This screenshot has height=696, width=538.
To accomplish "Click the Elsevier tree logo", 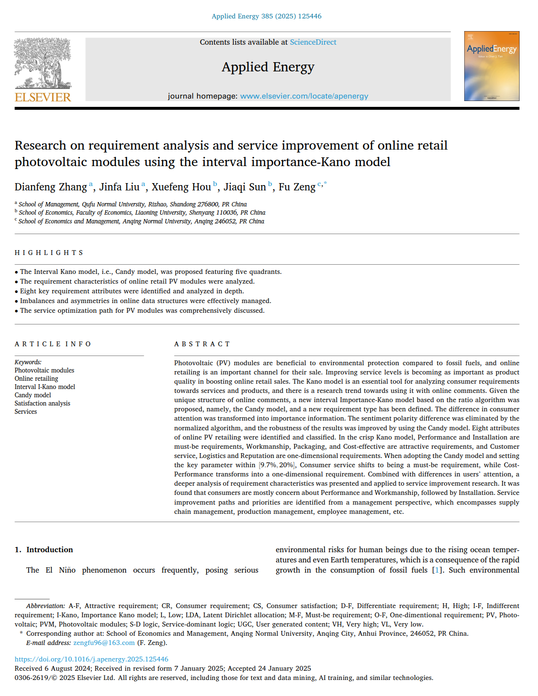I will pos(43,63).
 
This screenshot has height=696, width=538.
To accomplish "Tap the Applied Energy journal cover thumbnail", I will pos(491,66).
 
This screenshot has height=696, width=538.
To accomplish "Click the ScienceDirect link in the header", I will pos(313,42).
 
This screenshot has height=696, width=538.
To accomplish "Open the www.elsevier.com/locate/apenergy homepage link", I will pos(304,96).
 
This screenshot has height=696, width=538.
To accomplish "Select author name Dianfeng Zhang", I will pos(50,187).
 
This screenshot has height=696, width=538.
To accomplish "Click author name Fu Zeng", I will pos(297,187).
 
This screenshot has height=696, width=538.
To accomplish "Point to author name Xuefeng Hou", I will pos(181,187).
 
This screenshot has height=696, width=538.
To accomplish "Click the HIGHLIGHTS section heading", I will pos(49,253).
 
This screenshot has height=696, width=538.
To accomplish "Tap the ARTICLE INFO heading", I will pos(53,344).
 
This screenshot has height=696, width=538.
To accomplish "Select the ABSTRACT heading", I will pos(202,344).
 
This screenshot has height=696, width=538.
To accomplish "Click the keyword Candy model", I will pos(33,395).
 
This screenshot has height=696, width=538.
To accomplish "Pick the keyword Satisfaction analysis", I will pos(42,403).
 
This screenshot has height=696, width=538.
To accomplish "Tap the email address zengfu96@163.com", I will pos(104,643).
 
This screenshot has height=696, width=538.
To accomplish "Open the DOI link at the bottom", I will pos(91,659).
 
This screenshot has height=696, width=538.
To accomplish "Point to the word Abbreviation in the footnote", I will pos(45,606).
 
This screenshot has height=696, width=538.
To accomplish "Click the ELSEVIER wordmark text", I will pos(43,97).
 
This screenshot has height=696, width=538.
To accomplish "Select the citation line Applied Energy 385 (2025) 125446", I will pos(266,16).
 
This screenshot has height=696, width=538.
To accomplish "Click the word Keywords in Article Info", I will pos(28,362).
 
